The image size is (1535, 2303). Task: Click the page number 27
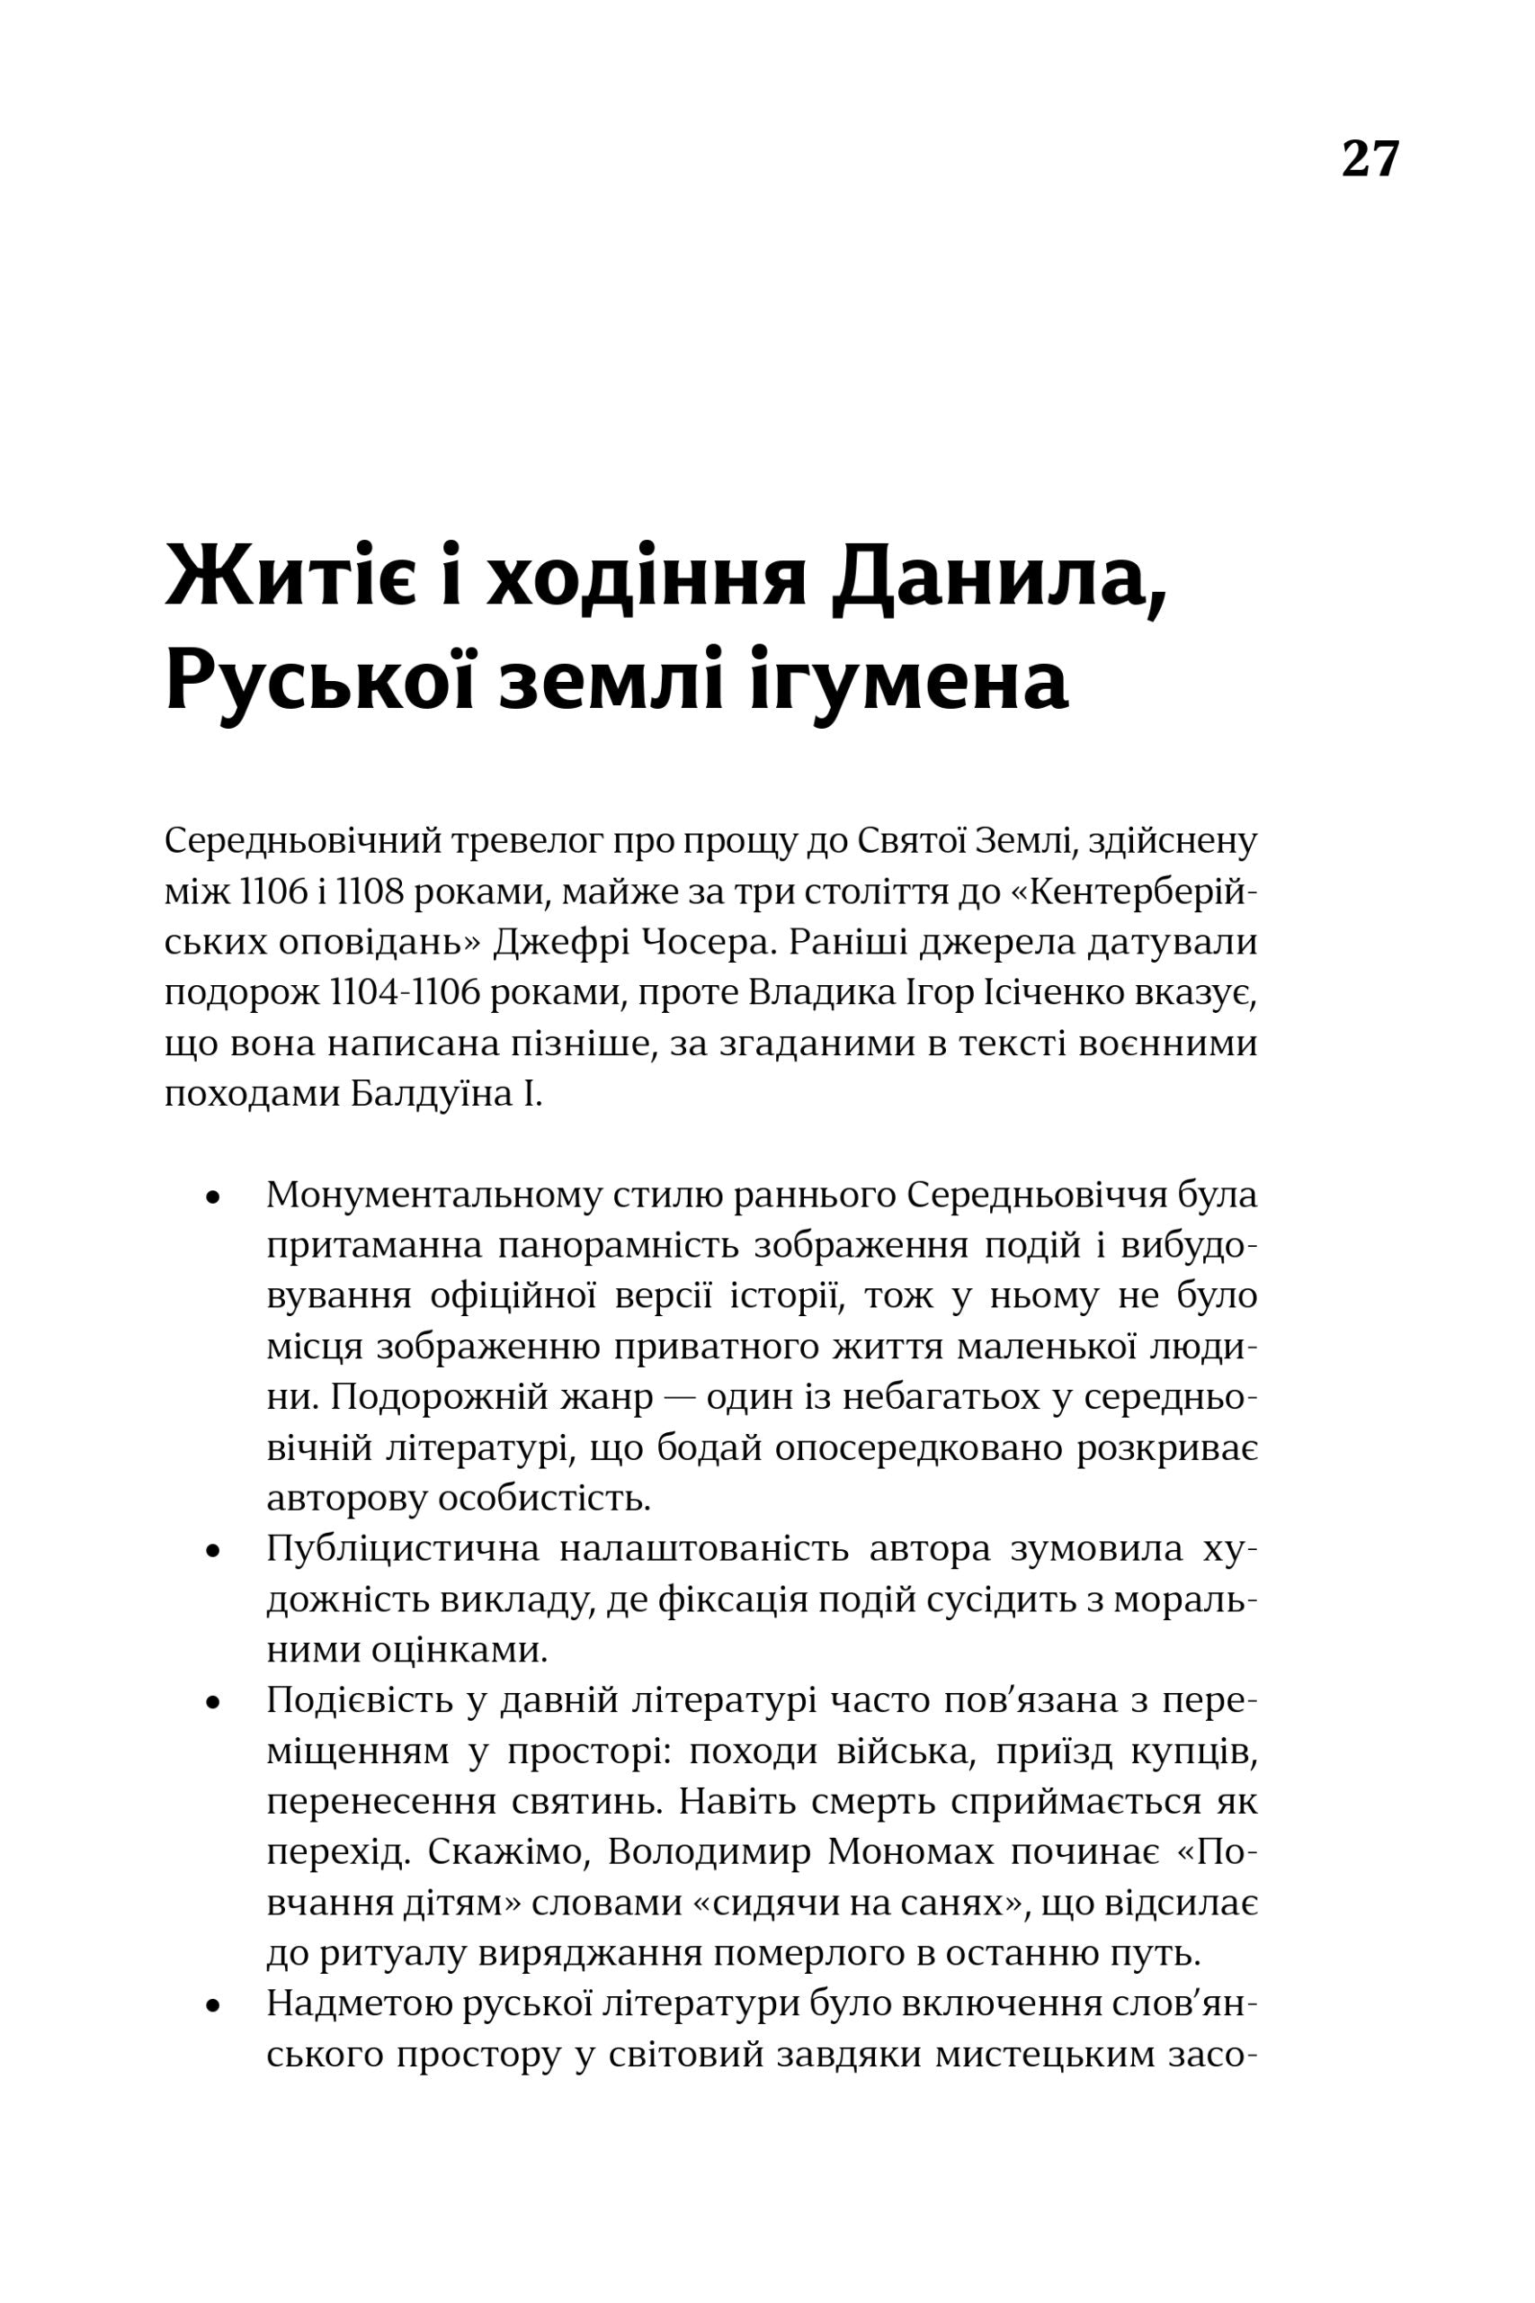click(x=1370, y=158)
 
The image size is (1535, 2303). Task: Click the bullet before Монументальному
click(x=211, y=1197)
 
